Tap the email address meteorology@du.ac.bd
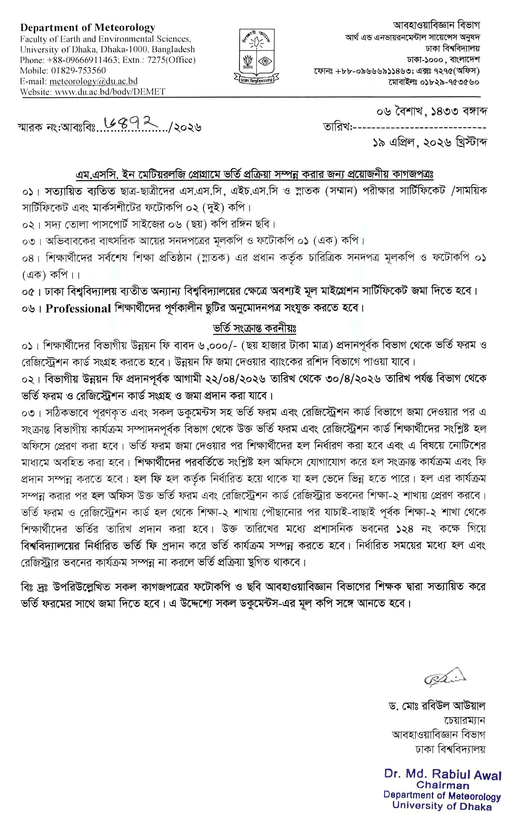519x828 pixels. (93, 81)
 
